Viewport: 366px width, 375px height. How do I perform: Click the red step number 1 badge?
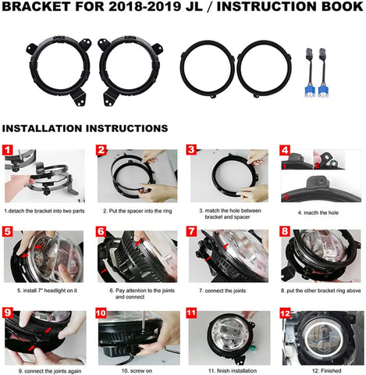[8, 150]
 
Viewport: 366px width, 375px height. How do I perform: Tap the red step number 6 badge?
[101, 231]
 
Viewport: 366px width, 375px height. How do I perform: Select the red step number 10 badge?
[101, 312]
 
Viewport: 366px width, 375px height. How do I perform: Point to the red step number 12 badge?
[285, 312]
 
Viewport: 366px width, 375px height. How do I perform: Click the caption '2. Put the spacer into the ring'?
[137, 211]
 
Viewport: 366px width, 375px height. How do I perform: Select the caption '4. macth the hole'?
[318, 212]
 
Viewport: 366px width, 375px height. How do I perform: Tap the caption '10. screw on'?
[137, 370]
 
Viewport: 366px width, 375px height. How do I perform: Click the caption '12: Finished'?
[326, 370]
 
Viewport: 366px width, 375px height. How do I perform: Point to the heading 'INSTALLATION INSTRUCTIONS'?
[85, 128]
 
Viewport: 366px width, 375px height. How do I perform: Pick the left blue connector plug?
[310, 91]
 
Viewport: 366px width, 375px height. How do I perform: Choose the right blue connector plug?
[323, 91]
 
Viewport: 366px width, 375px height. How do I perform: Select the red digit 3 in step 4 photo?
[286, 197]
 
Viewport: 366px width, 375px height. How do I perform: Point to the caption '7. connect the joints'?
[222, 291]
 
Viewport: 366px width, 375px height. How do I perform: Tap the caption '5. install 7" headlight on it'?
[47, 291]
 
